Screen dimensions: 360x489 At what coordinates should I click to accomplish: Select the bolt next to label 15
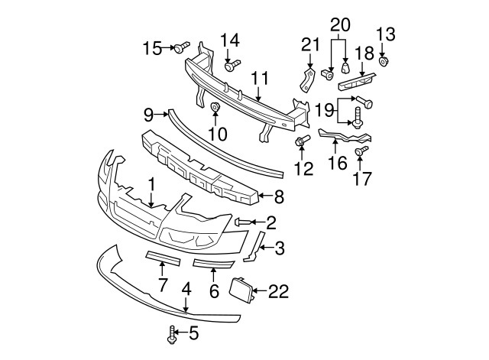(180, 49)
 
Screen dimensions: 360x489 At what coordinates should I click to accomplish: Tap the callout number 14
(230, 40)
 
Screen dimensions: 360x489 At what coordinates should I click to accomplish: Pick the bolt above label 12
(303, 141)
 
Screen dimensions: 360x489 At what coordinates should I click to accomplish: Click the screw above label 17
(362, 152)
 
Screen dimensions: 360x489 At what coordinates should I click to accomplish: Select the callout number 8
(279, 197)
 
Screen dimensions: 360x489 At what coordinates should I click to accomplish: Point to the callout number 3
(280, 247)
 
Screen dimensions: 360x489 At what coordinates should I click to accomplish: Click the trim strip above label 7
(162, 258)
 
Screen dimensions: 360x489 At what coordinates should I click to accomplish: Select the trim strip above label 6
(213, 264)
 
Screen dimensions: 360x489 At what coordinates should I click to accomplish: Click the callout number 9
(148, 115)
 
